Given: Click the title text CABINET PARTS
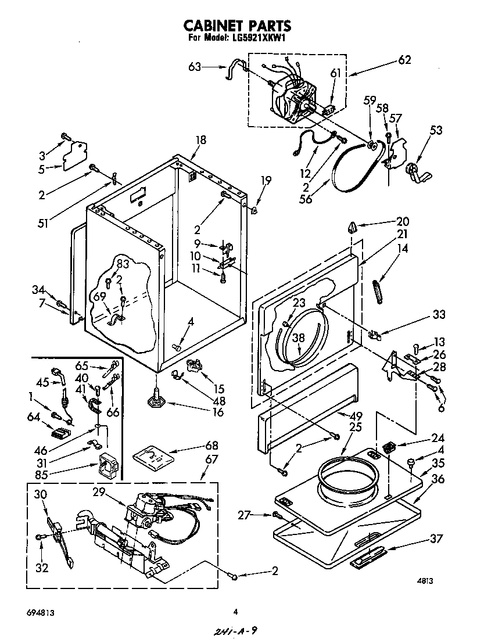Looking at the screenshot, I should click(x=237, y=26).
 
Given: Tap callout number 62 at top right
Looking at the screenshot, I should click(x=404, y=59).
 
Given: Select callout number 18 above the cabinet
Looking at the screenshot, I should click(x=201, y=140).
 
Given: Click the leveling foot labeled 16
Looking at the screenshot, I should click(x=156, y=400).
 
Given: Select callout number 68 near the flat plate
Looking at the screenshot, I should click(x=211, y=446).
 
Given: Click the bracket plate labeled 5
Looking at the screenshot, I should click(x=73, y=155).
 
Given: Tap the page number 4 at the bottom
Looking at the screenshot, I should click(x=235, y=611).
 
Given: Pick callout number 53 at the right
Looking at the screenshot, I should click(x=435, y=130).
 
